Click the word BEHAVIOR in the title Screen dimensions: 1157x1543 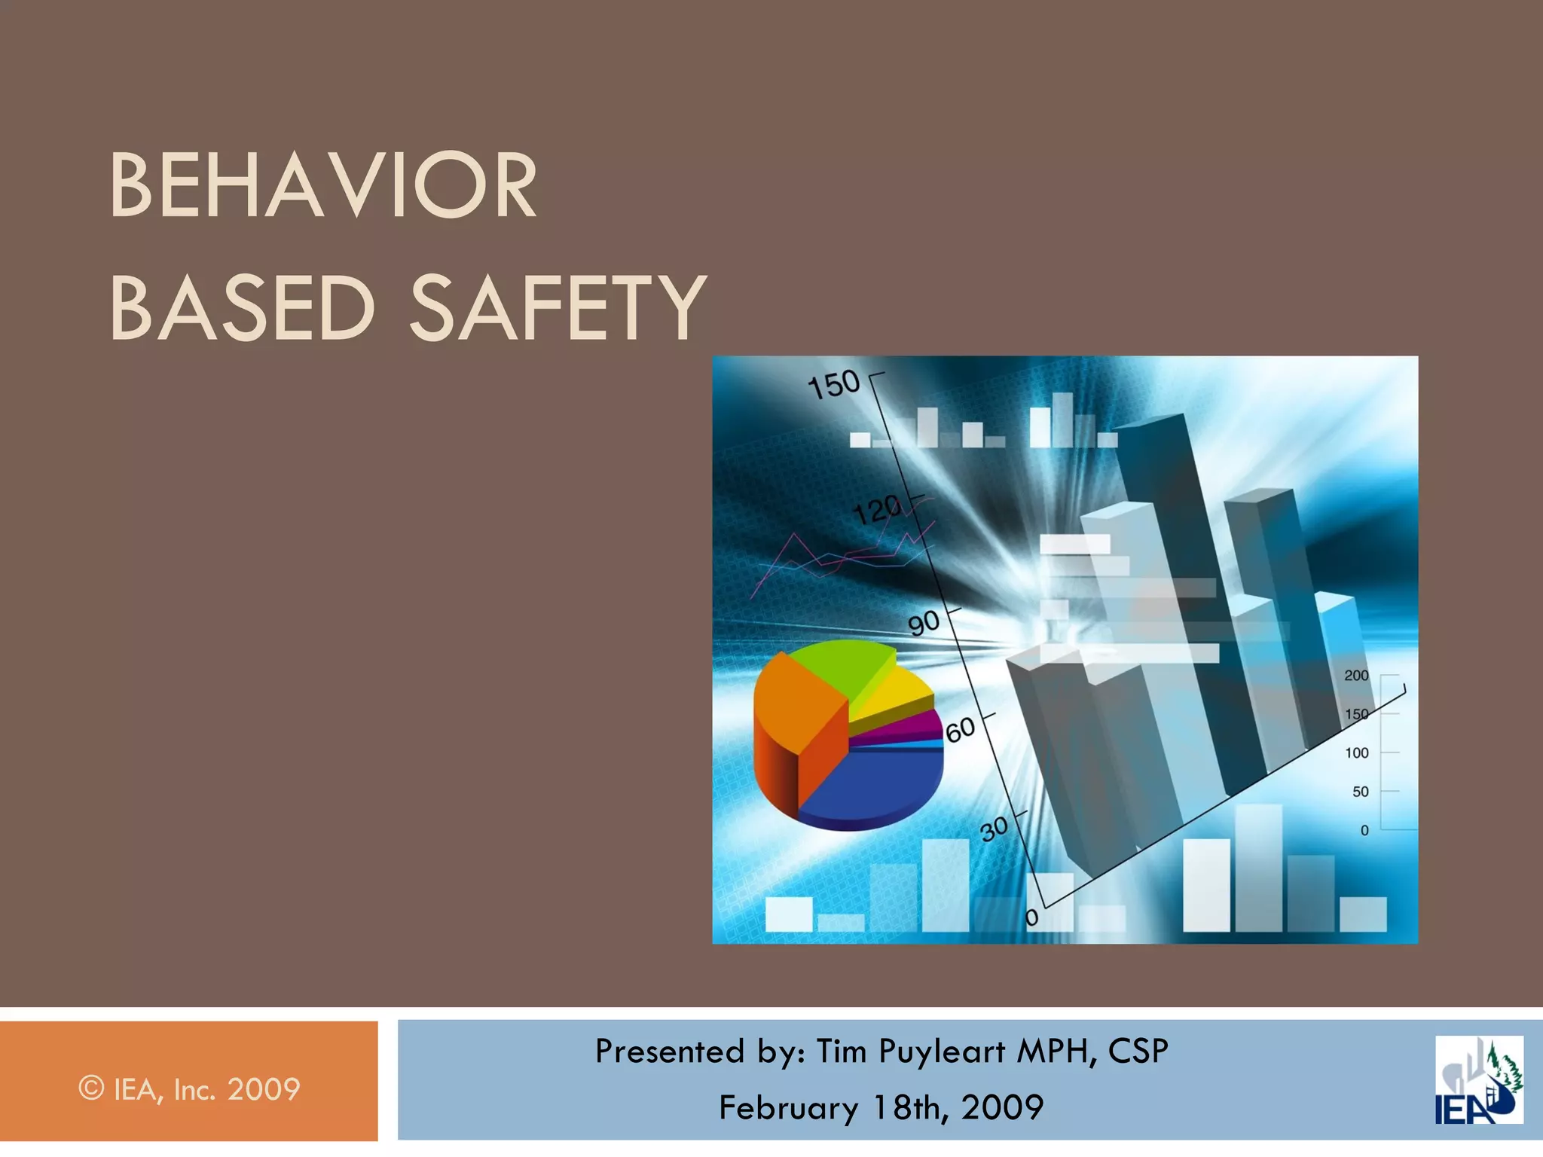[323, 185]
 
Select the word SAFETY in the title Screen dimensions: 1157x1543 [558, 307]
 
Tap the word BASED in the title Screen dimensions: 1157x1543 [242, 307]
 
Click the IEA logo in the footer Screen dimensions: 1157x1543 [1478, 1080]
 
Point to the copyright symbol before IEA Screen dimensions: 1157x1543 [91, 1088]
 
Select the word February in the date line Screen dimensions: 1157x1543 [788, 1107]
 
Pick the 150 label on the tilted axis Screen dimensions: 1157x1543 [833, 385]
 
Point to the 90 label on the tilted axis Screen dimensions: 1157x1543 [924, 624]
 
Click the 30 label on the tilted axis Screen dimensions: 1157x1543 [994, 829]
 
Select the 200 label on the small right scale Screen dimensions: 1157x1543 [1356, 676]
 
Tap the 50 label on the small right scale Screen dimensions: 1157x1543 [1360, 792]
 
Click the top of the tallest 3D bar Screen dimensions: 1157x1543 [1153, 426]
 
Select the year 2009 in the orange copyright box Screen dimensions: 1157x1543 [264, 1089]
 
